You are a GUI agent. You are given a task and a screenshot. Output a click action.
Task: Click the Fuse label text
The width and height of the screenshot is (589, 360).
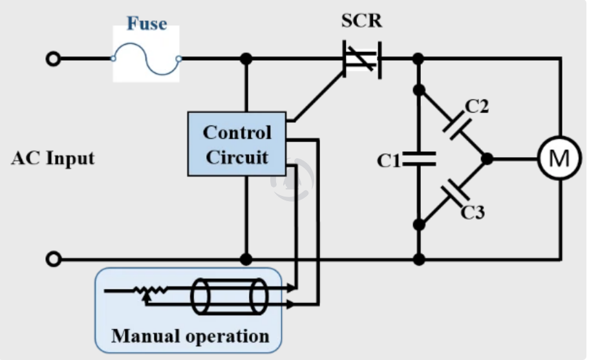pyautogui.click(x=146, y=25)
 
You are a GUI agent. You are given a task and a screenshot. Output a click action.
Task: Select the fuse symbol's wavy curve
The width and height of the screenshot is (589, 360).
pyautogui.click(x=146, y=59)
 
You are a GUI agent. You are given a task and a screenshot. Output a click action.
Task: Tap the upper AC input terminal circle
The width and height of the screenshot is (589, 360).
pyautogui.click(x=53, y=59)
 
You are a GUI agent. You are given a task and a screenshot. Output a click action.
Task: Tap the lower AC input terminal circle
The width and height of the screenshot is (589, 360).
pyautogui.click(x=53, y=260)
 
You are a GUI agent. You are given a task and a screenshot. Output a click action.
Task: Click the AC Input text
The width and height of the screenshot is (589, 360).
pyautogui.click(x=52, y=158)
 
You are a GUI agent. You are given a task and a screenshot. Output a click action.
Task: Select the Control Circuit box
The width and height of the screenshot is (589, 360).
pyautogui.click(x=237, y=143)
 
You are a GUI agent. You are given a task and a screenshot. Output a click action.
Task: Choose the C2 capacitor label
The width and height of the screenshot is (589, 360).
pyautogui.click(x=477, y=107)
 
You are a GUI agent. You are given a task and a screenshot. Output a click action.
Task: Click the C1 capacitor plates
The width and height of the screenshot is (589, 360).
pyautogui.click(x=419, y=159)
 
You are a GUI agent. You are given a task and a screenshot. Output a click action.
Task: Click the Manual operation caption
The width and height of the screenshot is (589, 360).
pyautogui.click(x=190, y=336)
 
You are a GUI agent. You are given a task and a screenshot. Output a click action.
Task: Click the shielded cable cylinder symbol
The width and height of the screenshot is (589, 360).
pyautogui.click(x=230, y=297)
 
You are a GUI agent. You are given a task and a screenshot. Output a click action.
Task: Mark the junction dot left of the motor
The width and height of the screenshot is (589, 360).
pyautogui.click(x=487, y=158)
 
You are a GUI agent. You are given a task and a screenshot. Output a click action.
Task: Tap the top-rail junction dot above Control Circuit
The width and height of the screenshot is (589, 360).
pyautogui.click(x=246, y=59)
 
